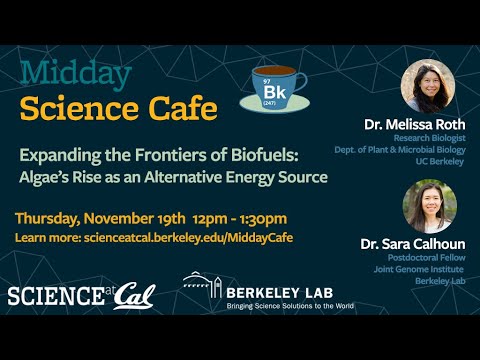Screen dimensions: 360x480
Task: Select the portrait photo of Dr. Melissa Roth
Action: pyautogui.click(x=427, y=85)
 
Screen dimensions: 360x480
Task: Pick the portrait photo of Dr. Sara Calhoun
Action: pyautogui.click(x=428, y=206)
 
